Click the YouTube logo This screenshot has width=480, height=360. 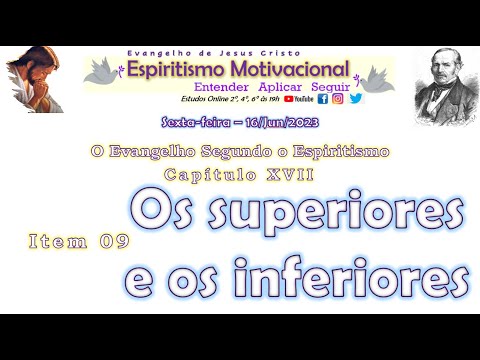(298, 99)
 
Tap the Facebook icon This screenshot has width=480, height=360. (322, 99)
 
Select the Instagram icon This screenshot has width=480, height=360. (338, 99)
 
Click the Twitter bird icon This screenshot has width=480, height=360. (355, 99)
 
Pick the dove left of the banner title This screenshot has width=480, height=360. (101, 71)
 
